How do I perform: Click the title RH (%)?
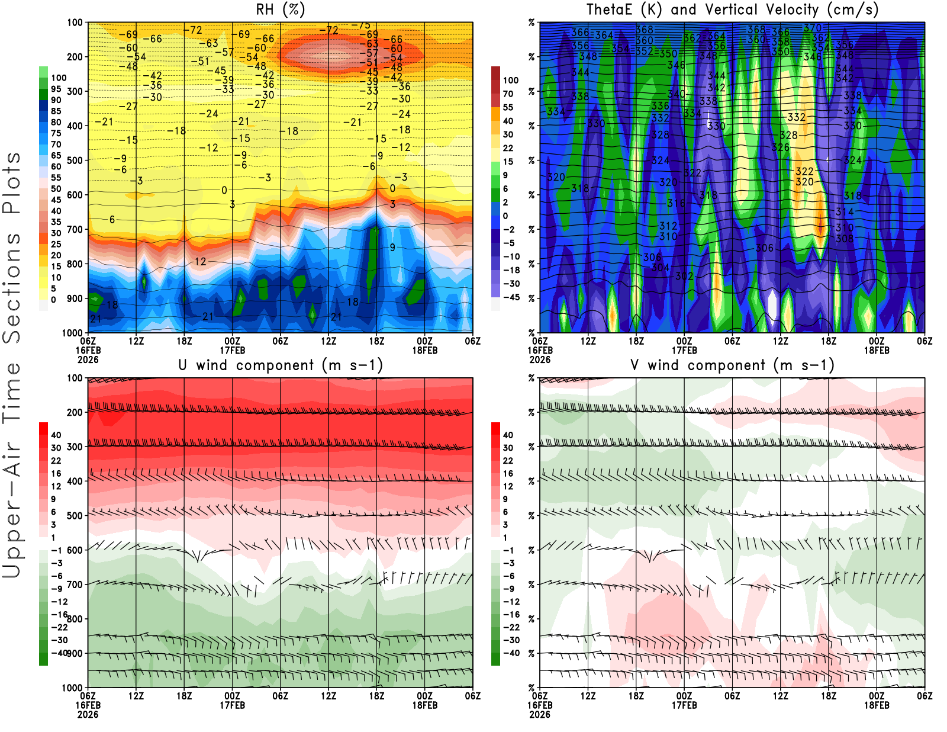[x=281, y=10]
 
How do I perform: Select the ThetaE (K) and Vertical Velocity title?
[x=732, y=10]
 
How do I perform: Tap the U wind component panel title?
[x=281, y=365]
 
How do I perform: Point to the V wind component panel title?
[x=732, y=365]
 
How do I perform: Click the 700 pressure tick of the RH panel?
[x=75, y=229]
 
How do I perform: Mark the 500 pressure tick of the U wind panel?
[x=75, y=515]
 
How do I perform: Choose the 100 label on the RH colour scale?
[x=59, y=78]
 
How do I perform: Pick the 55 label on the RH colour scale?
[x=56, y=178]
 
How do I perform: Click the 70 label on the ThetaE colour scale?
[x=508, y=94]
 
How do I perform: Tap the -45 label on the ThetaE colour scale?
[x=511, y=297]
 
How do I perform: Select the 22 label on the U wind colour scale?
[x=56, y=461]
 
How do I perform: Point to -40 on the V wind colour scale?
[x=511, y=653]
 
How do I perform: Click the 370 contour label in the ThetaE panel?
[x=813, y=28]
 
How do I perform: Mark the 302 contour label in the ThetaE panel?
[x=684, y=276]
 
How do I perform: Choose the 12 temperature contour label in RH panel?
[x=200, y=262]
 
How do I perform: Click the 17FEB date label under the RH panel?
[x=233, y=350]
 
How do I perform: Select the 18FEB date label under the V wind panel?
[x=877, y=705]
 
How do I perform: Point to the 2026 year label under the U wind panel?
[x=88, y=714]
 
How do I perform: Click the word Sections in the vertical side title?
[x=12, y=288]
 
